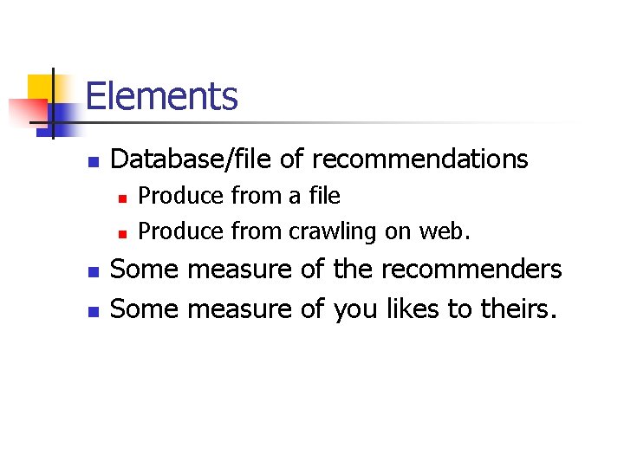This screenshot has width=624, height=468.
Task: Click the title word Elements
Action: click(x=161, y=96)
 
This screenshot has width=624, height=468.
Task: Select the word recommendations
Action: click(x=419, y=159)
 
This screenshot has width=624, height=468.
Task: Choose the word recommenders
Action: click(x=471, y=270)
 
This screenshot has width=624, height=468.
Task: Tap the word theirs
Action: click(x=514, y=308)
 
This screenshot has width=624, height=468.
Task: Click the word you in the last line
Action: click(x=356, y=308)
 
